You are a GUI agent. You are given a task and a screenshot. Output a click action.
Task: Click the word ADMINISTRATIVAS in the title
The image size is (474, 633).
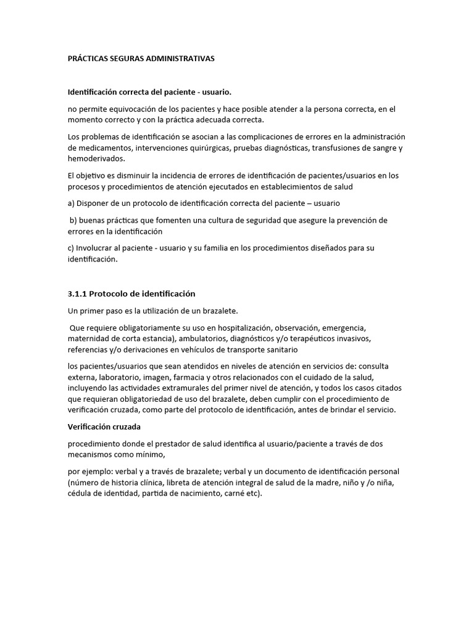(x=180, y=59)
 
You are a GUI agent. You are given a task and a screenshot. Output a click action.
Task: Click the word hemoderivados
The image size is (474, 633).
(x=96, y=158)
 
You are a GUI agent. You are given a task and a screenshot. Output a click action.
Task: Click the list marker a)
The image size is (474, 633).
(x=72, y=203)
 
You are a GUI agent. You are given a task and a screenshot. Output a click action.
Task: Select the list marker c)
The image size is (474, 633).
(x=72, y=248)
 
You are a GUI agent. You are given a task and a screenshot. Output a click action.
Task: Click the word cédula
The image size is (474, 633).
(x=81, y=493)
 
